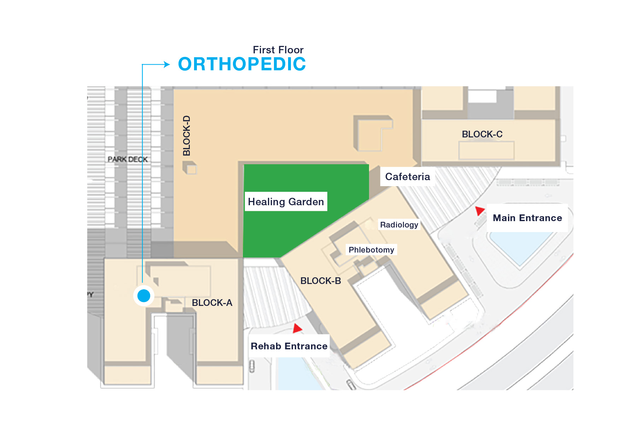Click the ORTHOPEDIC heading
[x=242, y=64]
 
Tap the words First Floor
[x=278, y=50]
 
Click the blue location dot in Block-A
[x=144, y=296]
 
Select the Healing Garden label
[x=286, y=202]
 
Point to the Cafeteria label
[x=408, y=177]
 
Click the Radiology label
[x=399, y=225]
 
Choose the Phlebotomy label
[x=371, y=250]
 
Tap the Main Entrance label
[x=527, y=218]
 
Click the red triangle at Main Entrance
[x=480, y=211]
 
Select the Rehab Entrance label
[x=289, y=346]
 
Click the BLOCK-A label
[x=212, y=303]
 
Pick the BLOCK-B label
[x=321, y=281]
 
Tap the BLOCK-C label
[x=482, y=134]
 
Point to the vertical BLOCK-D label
[x=187, y=136]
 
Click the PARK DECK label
[x=128, y=159]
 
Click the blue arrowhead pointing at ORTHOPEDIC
[x=166, y=64]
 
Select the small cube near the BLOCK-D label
[x=190, y=167]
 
